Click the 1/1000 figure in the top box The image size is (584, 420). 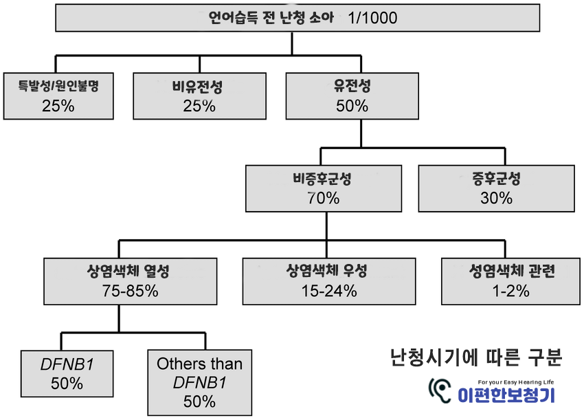point(373,19)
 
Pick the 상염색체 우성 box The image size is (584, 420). point(328,280)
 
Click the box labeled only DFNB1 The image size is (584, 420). point(66,373)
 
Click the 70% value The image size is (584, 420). point(324,199)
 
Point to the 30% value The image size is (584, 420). point(496,198)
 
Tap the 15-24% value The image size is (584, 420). point(328,291)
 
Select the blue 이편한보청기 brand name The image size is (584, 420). point(506,396)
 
